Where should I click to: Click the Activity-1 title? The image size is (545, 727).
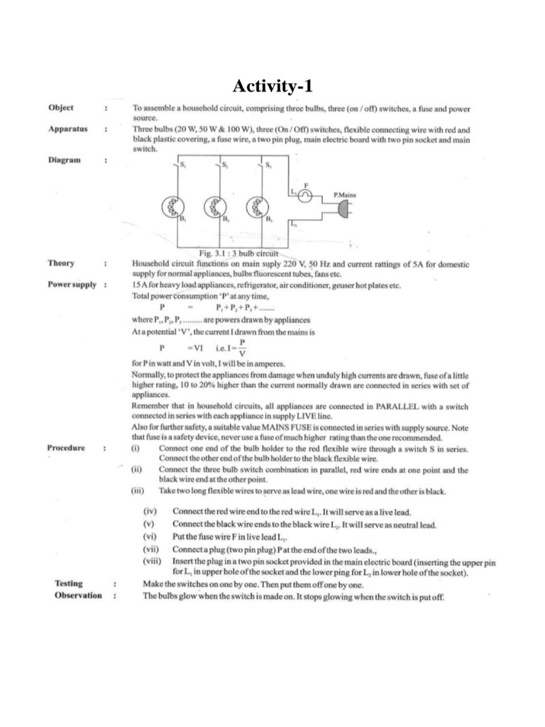[272, 87]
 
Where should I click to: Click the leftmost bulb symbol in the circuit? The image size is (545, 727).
[172, 207]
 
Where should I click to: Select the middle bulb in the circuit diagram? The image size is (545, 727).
[214, 207]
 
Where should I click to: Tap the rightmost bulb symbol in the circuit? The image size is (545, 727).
[256, 207]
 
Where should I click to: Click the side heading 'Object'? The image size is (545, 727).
[60, 108]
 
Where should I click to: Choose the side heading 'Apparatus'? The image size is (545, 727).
[67, 130]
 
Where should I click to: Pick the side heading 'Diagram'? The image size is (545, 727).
[65, 160]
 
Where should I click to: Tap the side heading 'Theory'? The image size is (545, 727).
[61, 263]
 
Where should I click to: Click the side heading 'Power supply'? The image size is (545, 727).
[72, 285]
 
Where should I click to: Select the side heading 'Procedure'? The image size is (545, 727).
[67, 448]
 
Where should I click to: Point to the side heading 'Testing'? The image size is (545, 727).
[68, 583]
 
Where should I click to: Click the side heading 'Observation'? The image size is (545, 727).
[78, 595]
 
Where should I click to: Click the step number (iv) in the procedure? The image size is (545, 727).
[150, 512]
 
